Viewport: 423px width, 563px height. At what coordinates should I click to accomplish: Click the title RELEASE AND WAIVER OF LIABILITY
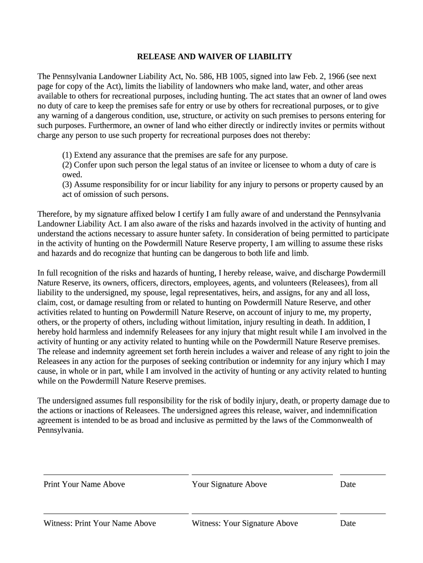click(214, 57)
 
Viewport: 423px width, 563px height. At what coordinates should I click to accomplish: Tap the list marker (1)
click(66, 155)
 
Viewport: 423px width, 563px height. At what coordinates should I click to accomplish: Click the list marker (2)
click(66, 165)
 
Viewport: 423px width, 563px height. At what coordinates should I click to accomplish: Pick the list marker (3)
click(66, 185)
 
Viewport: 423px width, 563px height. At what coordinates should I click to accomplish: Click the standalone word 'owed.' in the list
click(71, 175)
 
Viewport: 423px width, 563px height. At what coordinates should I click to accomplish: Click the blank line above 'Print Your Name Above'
click(115, 473)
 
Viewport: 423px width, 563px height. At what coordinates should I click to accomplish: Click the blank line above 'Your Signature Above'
click(262, 473)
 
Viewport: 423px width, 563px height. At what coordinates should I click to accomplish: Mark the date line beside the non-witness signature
click(363, 473)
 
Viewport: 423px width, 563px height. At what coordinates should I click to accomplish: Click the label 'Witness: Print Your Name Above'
click(99, 523)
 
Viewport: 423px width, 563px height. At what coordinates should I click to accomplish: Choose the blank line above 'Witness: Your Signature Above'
click(264, 513)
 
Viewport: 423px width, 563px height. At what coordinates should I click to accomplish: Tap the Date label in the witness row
click(348, 523)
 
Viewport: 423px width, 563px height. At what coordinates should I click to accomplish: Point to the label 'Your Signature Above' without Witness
click(229, 484)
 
